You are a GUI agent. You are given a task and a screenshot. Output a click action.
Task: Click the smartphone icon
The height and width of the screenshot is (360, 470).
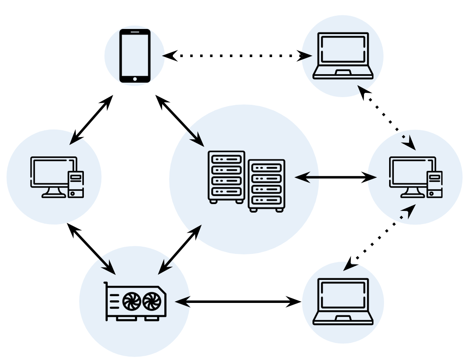click(x=135, y=55)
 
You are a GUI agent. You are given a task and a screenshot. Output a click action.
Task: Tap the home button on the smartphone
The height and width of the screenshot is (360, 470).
click(x=135, y=78)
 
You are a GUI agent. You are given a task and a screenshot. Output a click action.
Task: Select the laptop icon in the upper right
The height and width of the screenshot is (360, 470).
click(x=343, y=55)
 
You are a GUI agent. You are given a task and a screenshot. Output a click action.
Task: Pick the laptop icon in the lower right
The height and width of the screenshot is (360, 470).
click(x=343, y=302)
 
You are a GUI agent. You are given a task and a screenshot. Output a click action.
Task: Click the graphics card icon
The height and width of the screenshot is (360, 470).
click(x=135, y=302)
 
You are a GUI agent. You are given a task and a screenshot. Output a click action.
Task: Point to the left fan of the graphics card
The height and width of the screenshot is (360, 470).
click(x=132, y=302)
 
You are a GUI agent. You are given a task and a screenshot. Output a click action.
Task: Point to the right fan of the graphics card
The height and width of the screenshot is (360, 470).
click(x=152, y=302)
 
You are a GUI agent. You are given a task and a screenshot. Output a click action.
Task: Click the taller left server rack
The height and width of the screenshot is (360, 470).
click(x=226, y=176)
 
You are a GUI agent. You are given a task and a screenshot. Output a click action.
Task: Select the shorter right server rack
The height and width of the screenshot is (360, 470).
click(x=267, y=185)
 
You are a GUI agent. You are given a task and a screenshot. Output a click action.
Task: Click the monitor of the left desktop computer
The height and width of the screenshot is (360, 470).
click(x=53, y=173)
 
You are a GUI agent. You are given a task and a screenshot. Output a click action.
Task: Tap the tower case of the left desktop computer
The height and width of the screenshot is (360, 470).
click(x=76, y=184)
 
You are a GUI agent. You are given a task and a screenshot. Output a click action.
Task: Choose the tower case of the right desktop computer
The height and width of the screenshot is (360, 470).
click(x=435, y=184)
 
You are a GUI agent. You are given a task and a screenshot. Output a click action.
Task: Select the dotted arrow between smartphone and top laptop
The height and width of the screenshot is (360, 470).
click(x=237, y=55)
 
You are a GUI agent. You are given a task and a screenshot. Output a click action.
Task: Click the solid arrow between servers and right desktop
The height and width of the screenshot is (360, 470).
click(x=335, y=177)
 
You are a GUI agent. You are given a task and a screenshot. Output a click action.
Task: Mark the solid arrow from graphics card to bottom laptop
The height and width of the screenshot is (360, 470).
click(x=238, y=302)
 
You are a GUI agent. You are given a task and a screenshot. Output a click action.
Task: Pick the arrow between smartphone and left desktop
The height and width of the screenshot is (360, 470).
click(x=91, y=120)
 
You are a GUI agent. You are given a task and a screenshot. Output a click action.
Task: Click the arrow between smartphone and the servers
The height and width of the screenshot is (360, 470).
click(x=180, y=121)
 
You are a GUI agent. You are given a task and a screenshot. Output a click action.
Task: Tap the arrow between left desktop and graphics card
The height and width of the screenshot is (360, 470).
click(x=91, y=249)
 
